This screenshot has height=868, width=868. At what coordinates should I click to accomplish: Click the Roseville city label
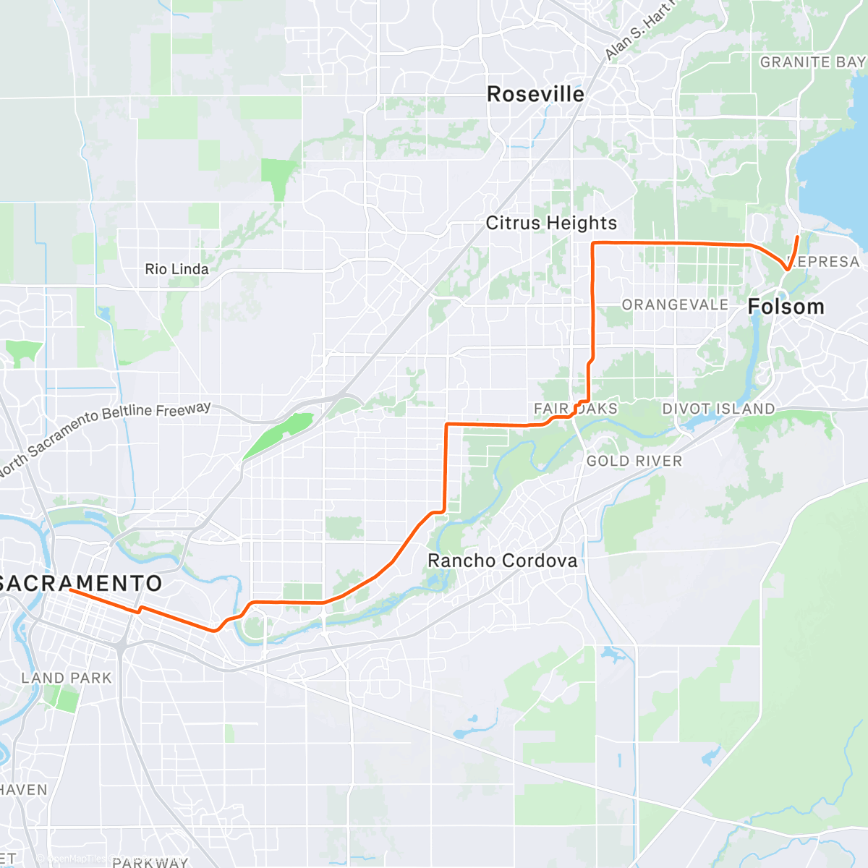coord(535,94)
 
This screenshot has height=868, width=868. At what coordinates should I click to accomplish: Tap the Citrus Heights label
coord(551,223)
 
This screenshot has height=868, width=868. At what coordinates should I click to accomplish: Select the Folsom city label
coord(786,307)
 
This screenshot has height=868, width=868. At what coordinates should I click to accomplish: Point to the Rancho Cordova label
coord(503,561)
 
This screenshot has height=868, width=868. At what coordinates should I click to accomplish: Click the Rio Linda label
coord(176,269)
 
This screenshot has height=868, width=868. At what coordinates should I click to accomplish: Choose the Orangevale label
coord(675,305)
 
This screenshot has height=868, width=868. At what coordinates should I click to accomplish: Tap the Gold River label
coord(634,461)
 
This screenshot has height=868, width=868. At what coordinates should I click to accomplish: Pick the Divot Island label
coord(718,409)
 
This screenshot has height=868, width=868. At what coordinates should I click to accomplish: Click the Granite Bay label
coord(812,62)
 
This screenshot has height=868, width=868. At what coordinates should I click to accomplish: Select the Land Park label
coord(67,678)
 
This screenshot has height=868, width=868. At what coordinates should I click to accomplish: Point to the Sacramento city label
coord(81,583)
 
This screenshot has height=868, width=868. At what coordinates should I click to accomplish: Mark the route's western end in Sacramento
coord(70,590)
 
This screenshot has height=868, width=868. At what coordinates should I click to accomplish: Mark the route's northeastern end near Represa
coord(798,237)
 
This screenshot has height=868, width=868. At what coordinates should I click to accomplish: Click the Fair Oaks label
coord(576,409)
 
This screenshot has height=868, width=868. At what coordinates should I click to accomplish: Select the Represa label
coord(825,262)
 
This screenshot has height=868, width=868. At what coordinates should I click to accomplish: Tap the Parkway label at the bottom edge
coord(150,861)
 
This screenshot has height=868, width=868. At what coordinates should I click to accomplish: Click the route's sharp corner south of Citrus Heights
coord(593,244)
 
